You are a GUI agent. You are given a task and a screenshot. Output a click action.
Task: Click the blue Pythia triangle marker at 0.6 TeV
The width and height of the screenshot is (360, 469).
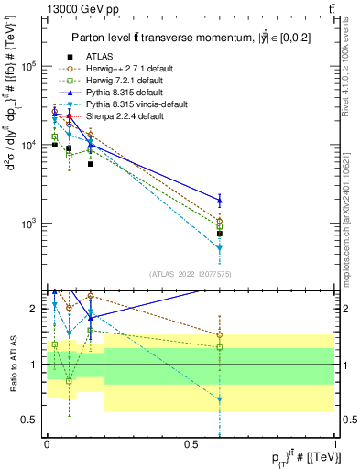coord(220,200)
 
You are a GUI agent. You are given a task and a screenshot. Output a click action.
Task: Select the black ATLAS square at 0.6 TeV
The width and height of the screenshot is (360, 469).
coord(220,234)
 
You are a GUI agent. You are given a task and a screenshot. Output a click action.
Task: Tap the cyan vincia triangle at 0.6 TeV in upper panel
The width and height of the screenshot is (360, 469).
coord(220,248)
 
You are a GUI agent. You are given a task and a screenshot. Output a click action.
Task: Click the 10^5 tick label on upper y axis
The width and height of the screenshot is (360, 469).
coord(31,67)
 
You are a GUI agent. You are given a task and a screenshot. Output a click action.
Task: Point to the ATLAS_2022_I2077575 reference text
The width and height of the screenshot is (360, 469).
coord(191,274)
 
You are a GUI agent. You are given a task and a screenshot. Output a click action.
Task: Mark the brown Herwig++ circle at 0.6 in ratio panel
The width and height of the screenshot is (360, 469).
coord(220,335)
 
